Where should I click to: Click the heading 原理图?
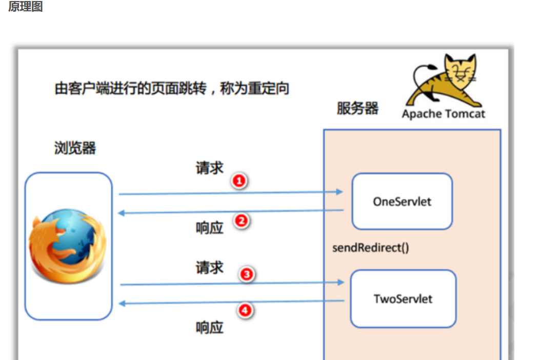(x=25, y=7)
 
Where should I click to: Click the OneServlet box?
(x=402, y=202)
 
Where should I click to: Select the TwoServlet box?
(x=403, y=298)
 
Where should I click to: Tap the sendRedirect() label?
(x=371, y=248)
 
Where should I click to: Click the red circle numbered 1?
(x=239, y=181)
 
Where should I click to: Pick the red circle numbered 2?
(x=241, y=221)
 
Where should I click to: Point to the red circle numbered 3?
(x=247, y=274)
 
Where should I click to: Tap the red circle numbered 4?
(x=246, y=310)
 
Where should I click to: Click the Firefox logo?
(x=67, y=246)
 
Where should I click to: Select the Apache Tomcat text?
(x=443, y=114)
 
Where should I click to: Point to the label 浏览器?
(x=75, y=148)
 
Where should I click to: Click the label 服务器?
(x=357, y=108)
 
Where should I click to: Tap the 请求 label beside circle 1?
(x=209, y=168)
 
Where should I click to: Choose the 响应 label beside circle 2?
(x=209, y=228)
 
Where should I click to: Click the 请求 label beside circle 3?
(x=209, y=267)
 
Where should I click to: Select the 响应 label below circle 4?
(x=209, y=327)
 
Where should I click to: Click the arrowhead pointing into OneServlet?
(x=339, y=192)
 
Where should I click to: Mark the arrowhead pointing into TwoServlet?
(x=341, y=282)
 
